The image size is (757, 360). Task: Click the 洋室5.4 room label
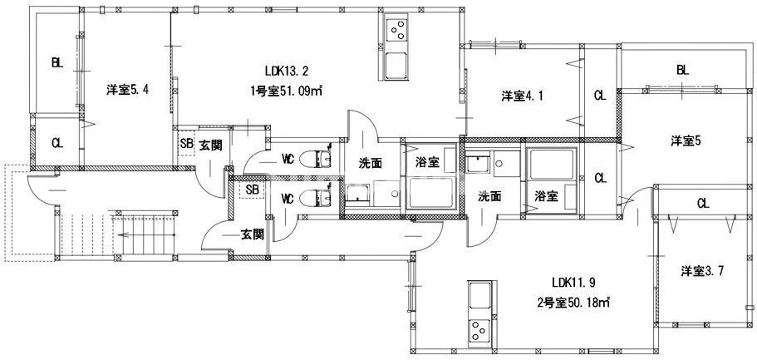[127, 90]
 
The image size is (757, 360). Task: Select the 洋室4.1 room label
[522, 96]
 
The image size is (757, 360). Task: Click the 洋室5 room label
[686, 141]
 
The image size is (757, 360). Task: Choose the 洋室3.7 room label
[701, 271]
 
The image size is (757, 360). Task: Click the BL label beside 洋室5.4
[56, 62]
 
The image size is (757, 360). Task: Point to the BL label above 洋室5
[682, 71]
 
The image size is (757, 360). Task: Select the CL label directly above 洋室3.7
[702, 203]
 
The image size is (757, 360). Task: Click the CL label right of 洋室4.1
[599, 96]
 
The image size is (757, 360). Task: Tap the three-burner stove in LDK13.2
[397, 31]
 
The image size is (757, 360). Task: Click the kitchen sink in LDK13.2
[397, 65]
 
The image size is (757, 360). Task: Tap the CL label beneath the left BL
[56, 143]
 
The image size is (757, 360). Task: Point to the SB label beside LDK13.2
[186, 143]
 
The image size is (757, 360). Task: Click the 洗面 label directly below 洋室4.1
[489, 197]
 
